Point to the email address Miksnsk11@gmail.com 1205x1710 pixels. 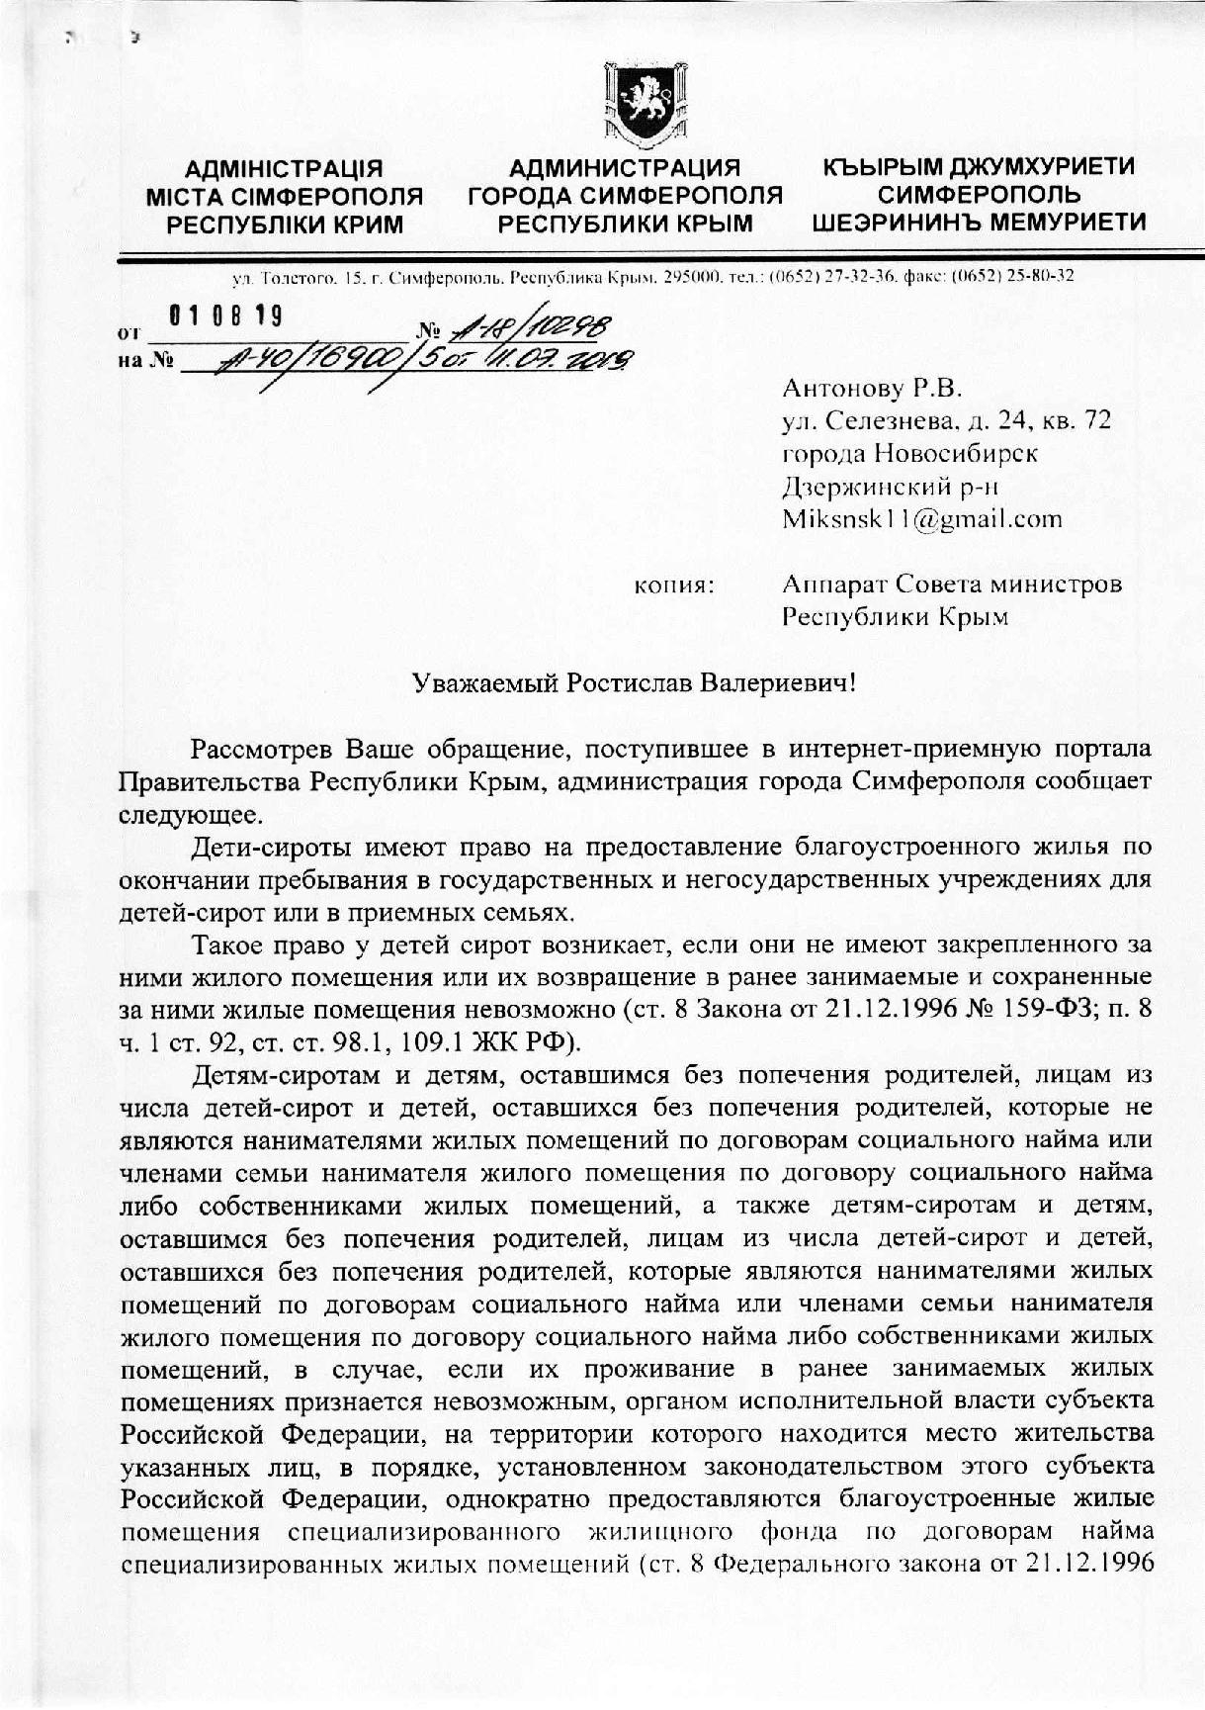pos(921,518)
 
